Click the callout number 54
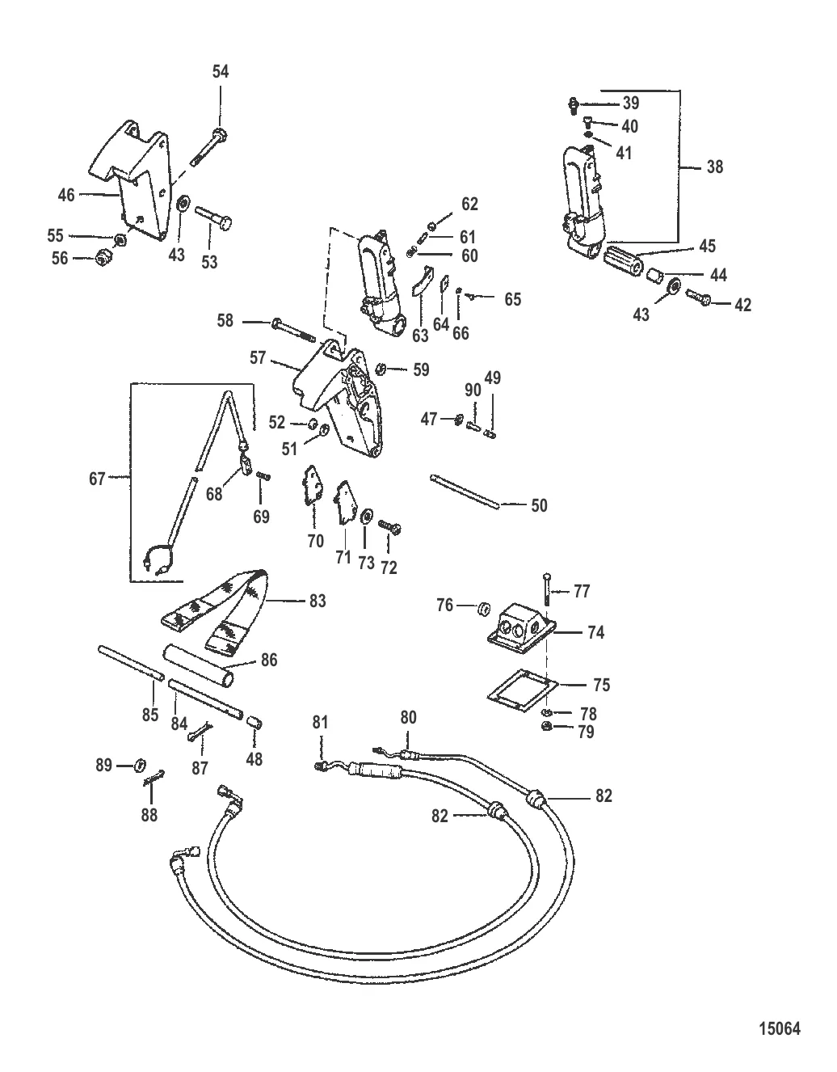[x=221, y=72]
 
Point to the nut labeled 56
[x=103, y=259]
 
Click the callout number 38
[x=714, y=167]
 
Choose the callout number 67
[x=97, y=479]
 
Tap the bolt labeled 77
[x=547, y=590]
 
